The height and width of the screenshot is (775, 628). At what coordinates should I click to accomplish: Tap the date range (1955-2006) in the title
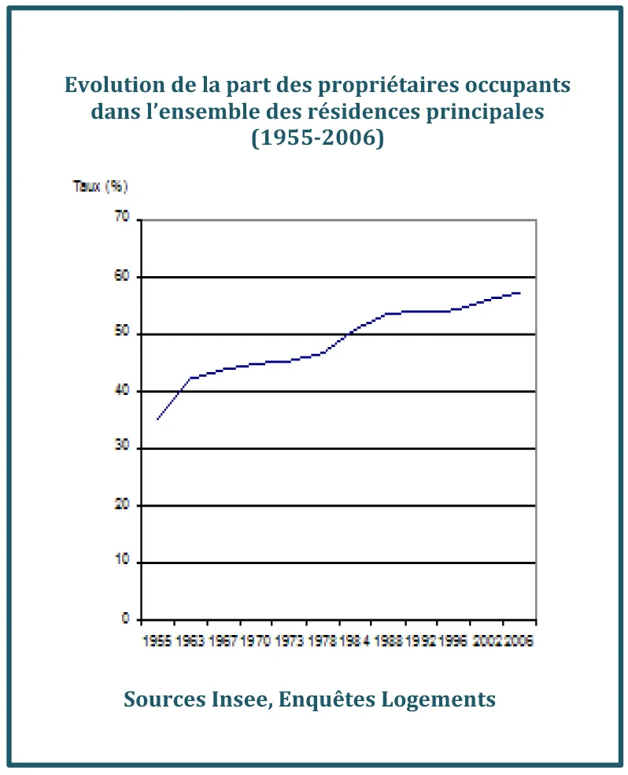(317, 138)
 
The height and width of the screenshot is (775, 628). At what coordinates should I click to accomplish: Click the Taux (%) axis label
(100, 186)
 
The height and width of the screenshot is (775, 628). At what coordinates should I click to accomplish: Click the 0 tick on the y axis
(124, 619)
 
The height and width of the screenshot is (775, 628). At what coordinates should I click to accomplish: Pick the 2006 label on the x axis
(519, 641)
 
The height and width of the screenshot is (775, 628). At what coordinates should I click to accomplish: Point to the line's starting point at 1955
(157, 419)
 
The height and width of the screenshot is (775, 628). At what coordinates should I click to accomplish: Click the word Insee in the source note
(235, 699)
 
